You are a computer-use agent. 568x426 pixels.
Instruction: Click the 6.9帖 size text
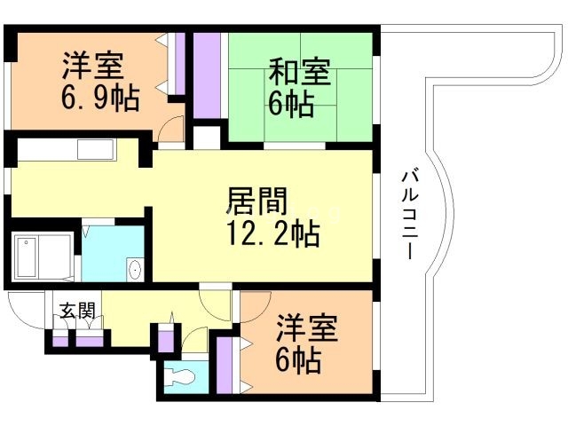coord(100,99)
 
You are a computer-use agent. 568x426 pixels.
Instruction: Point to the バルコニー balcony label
coord(409,213)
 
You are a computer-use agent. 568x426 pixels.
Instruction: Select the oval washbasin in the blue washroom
coord(134,270)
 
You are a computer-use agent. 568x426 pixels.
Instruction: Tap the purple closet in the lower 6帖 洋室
coord(225,365)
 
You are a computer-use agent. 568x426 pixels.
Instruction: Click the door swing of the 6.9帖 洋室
coord(172,131)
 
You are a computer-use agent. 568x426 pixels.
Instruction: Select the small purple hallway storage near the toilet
coord(164,339)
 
